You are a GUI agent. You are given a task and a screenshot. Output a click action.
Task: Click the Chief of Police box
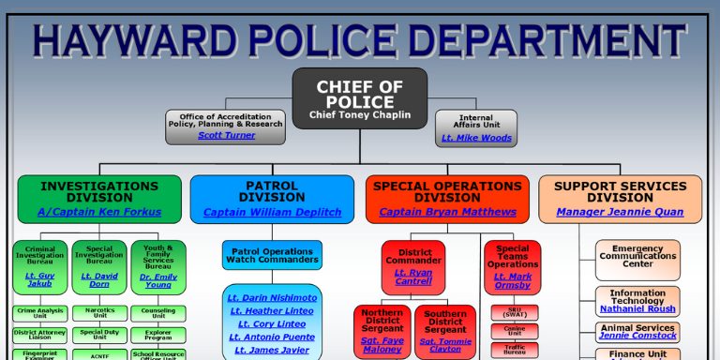tap(360, 97)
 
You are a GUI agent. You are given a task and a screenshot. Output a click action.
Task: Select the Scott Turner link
tap(226, 136)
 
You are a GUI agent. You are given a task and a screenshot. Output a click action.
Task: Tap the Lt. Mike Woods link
tap(476, 138)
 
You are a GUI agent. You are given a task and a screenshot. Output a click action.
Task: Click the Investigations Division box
tap(99, 198)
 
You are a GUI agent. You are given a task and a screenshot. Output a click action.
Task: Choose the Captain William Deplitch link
tap(272, 213)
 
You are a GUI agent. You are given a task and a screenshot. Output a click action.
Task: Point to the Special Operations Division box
tap(447, 198)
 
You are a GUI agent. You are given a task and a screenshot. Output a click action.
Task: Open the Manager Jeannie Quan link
tap(620, 213)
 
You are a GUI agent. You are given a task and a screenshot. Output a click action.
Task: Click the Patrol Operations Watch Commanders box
tap(272, 255)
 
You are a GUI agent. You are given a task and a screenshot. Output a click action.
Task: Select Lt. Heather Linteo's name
tap(272, 311)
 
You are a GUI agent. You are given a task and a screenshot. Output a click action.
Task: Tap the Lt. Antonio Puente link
tap(272, 337)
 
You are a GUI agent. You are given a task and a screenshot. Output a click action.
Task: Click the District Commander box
tap(413, 266)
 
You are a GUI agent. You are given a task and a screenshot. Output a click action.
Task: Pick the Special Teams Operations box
tap(512, 266)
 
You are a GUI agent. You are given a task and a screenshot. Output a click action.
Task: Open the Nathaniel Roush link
tap(637, 308)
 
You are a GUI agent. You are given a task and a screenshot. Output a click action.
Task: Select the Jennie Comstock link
tap(637, 336)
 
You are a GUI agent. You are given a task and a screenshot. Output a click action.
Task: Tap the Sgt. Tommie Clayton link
tap(445, 345)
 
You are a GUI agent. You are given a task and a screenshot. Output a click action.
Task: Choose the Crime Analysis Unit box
tap(39, 313)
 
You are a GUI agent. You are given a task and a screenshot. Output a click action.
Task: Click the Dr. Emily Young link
tap(158, 280)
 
